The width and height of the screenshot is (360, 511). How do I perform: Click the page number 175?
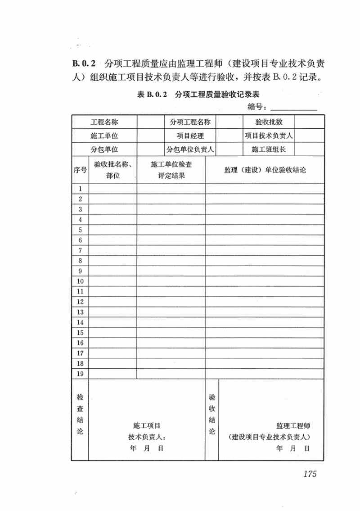310,474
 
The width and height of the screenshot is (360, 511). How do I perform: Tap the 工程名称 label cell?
104,122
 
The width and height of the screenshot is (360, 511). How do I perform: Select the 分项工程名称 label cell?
190,122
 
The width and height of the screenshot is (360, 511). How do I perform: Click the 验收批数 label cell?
269,122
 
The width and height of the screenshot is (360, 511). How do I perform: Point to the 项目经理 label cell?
190,136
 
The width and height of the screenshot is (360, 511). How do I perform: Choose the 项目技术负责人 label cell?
269,136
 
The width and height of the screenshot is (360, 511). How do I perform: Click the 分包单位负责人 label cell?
190,149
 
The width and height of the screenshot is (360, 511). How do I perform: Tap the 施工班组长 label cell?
269,149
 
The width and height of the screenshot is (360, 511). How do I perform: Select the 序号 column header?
80,170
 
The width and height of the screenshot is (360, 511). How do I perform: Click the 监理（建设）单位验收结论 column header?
265,170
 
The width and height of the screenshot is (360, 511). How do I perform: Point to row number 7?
80,250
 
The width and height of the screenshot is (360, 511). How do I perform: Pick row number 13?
80,312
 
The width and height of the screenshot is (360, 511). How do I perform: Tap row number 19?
80,374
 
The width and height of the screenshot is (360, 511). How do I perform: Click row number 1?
80,189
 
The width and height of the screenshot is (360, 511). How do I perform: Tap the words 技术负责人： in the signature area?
147,437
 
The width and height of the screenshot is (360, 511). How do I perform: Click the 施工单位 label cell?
104,136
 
